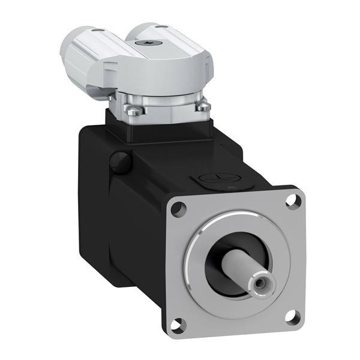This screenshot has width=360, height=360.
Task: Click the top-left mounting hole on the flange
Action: point(178,209)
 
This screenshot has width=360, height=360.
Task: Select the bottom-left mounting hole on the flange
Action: point(176,326)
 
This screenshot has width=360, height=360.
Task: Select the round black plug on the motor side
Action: point(121,162)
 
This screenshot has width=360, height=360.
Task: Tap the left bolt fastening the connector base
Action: point(135,110)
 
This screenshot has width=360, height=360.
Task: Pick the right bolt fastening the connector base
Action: point(204,107)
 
